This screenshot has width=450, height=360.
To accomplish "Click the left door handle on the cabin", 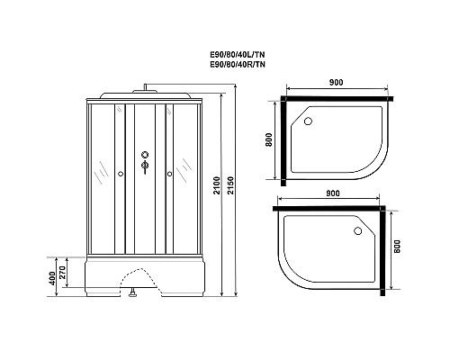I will point(120,174).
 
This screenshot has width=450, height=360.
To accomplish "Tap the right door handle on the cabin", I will point(167,174).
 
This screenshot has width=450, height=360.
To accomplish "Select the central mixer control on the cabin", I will point(143,164).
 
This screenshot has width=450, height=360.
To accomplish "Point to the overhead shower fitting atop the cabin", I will point(143,88).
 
